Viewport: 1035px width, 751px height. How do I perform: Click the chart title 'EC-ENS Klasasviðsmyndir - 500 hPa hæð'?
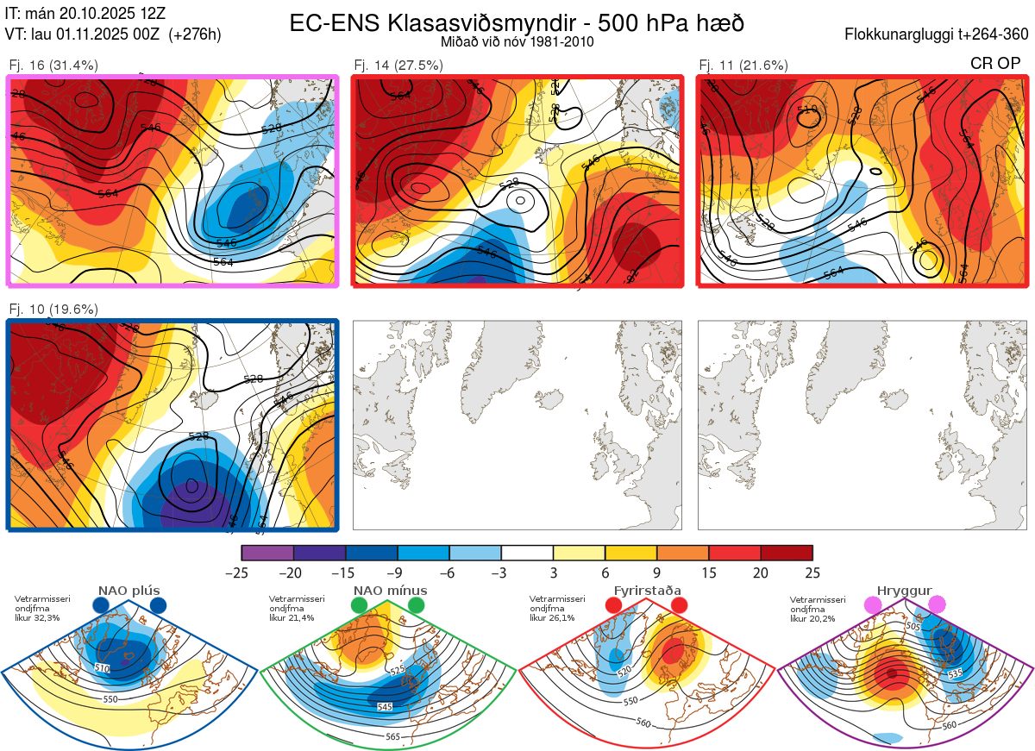(517, 22)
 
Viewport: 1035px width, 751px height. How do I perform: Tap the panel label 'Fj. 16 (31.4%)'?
(53, 65)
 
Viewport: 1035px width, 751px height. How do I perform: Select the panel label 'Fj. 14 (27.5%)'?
(398, 65)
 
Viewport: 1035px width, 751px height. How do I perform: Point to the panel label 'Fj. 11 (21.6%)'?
(743, 65)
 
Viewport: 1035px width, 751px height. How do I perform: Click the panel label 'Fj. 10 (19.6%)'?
(53, 310)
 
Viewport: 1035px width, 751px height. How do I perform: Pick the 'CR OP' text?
(995, 64)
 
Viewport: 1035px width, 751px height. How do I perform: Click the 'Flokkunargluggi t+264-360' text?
(938, 34)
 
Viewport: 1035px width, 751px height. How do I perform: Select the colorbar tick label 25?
(812, 573)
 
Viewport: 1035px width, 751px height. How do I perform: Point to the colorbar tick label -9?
(398, 573)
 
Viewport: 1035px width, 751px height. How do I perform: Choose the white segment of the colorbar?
(527, 553)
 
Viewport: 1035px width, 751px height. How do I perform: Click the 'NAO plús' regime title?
(129, 591)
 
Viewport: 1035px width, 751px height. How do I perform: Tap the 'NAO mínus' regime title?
(389, 591)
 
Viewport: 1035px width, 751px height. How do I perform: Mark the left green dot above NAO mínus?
(360, 606)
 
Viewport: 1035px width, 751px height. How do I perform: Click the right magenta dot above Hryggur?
(937, 605)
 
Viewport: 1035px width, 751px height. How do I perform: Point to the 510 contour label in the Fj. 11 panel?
(807, 110)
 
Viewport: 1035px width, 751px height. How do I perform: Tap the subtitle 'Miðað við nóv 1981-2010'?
(517, 41)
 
